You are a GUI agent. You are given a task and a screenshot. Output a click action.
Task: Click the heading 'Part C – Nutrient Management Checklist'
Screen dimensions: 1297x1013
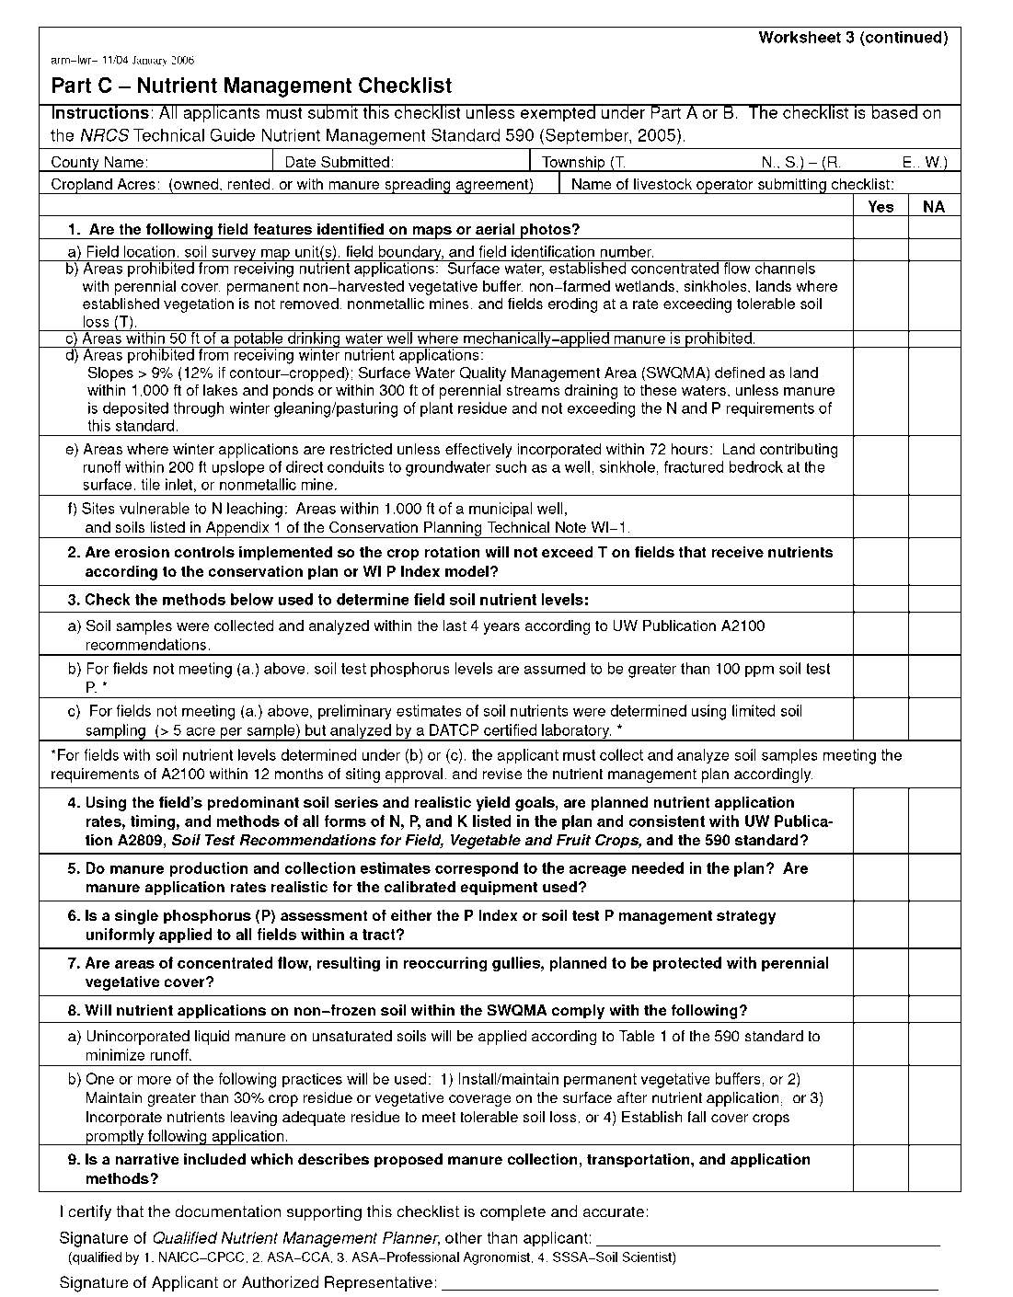pyautogui.click(x=251, y=86)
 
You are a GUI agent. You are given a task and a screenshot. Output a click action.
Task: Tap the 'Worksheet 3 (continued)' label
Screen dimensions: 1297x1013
pyautogui.click(x=853, y=38)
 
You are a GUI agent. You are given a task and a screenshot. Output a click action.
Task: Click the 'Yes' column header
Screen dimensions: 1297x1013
pyautogui.click(x=881, y=207)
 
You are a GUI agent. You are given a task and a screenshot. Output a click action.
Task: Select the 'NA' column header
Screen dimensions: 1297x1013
pyautogui.click(x=934, y=207)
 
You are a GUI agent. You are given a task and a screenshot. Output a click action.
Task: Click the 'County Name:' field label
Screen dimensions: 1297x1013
pyautogui.click(x=99, y=163)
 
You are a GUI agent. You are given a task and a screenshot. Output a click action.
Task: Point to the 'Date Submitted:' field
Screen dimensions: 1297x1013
pyautogui.click(x=340, y=163)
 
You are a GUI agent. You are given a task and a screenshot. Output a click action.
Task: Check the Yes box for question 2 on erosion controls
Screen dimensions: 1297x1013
pyautogui.click(x=881, y=562)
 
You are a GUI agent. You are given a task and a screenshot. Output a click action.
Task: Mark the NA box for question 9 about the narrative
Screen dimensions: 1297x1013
pyautogui.click(x=934, y=1169)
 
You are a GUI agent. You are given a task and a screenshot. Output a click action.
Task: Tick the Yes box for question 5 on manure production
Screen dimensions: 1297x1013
pyautogui.click(x=881, y=878)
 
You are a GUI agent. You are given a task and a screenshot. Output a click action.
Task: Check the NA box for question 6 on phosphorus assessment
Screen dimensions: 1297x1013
pyautogui.click(x=934, y=925)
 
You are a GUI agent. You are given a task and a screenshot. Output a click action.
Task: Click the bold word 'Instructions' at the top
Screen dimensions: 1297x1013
pyautogui.click(x=99, y=114)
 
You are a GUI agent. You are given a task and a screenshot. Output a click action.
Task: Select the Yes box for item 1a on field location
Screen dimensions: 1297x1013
pyautogui.click(x=881, y=251)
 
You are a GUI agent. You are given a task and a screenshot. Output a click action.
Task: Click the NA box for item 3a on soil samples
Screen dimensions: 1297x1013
pyautogui.click(x=934, y=636)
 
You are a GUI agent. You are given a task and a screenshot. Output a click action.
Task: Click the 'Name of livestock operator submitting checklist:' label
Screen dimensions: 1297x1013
pyautogui.click(x=732, y=185)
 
